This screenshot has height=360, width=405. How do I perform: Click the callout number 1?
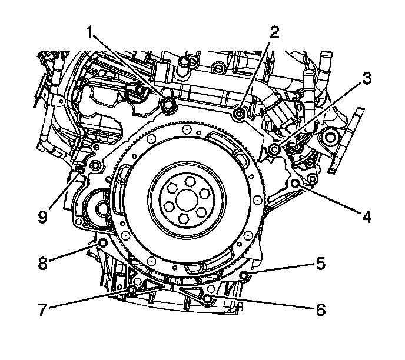coord(91,34)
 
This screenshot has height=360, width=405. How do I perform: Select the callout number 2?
coord(274,33)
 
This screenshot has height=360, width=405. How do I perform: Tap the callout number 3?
coord(366,79)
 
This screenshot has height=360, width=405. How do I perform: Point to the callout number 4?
coord(367,217)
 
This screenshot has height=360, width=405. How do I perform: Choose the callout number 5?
coord(320,264)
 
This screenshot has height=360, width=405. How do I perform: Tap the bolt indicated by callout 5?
coord(245,275)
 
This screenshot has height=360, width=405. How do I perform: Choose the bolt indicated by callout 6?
coord(207,299)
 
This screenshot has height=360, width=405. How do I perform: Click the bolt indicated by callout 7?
coord(131,290)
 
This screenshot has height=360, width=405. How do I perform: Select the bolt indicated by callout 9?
coord(81,171)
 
